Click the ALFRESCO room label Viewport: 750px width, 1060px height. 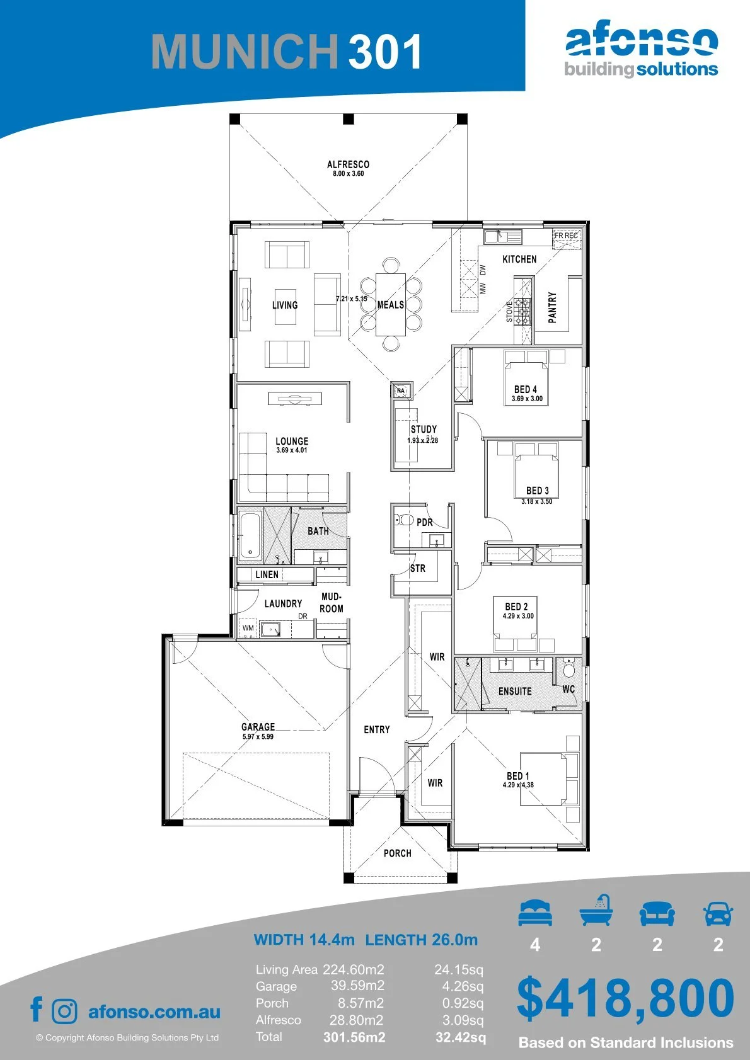pyautogui.click(x=348, y=164)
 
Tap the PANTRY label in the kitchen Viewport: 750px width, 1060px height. pyautogui.click(x=552, y=307)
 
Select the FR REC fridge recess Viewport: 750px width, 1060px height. pyautogui.click(x=567, y=238)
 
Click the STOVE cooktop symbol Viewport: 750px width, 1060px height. pyautogui.click(x=522, y=311)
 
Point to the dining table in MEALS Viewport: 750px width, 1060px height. pyautogui.click(x=391, y=304)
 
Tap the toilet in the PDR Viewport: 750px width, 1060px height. pyautogui.click(x=403, y=520)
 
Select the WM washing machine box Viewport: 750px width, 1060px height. pyautogui.click(x=248, y=628)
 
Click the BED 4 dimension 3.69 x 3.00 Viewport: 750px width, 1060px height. pyautogui.click(x=527, y=399)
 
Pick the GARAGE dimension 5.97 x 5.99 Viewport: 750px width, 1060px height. pyautogui.click(x=258, y=736)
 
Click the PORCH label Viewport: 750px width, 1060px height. pyautogui.click(x=397, y=853)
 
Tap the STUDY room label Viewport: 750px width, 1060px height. pyautogui.click(x=424, y=429)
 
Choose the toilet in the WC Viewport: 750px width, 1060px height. pyautogui.click(x=568, y=669)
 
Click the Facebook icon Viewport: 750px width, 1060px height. pyautogui.click(x=37, y=1009)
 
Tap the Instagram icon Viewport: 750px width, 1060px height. pyautogui.click(x=64, y=1010)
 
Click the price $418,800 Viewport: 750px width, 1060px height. pyautogui.click(x=625, y=998)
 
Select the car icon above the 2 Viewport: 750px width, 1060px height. pyautogui.click(x=718, y=914)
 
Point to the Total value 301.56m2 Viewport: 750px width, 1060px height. pyautogui.click(x=354, y=1037)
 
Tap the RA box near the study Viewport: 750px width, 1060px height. pyautogui.click(x=401, y=390)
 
